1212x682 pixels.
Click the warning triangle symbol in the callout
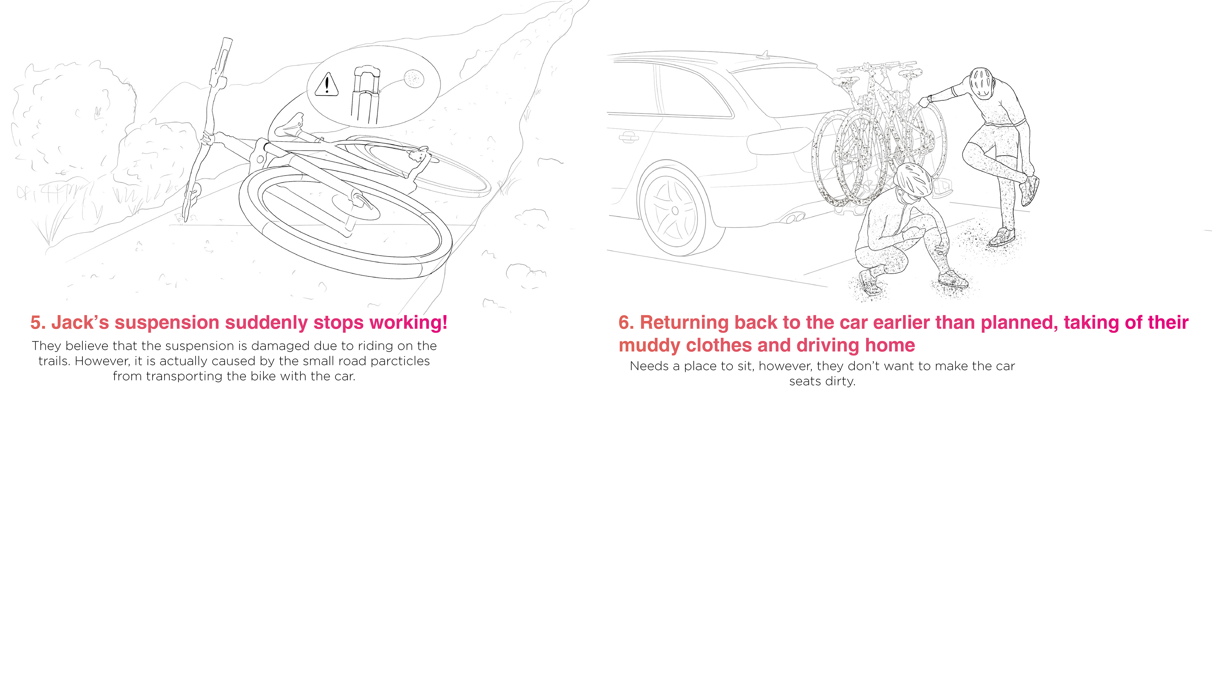(x=327, y=85)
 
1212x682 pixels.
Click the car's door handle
(x=629, y=137)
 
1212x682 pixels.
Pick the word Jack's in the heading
(x=80, y=323)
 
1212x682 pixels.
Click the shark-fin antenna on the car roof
(x=765, y=54)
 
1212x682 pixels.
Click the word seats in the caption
(x=805, y=381)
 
